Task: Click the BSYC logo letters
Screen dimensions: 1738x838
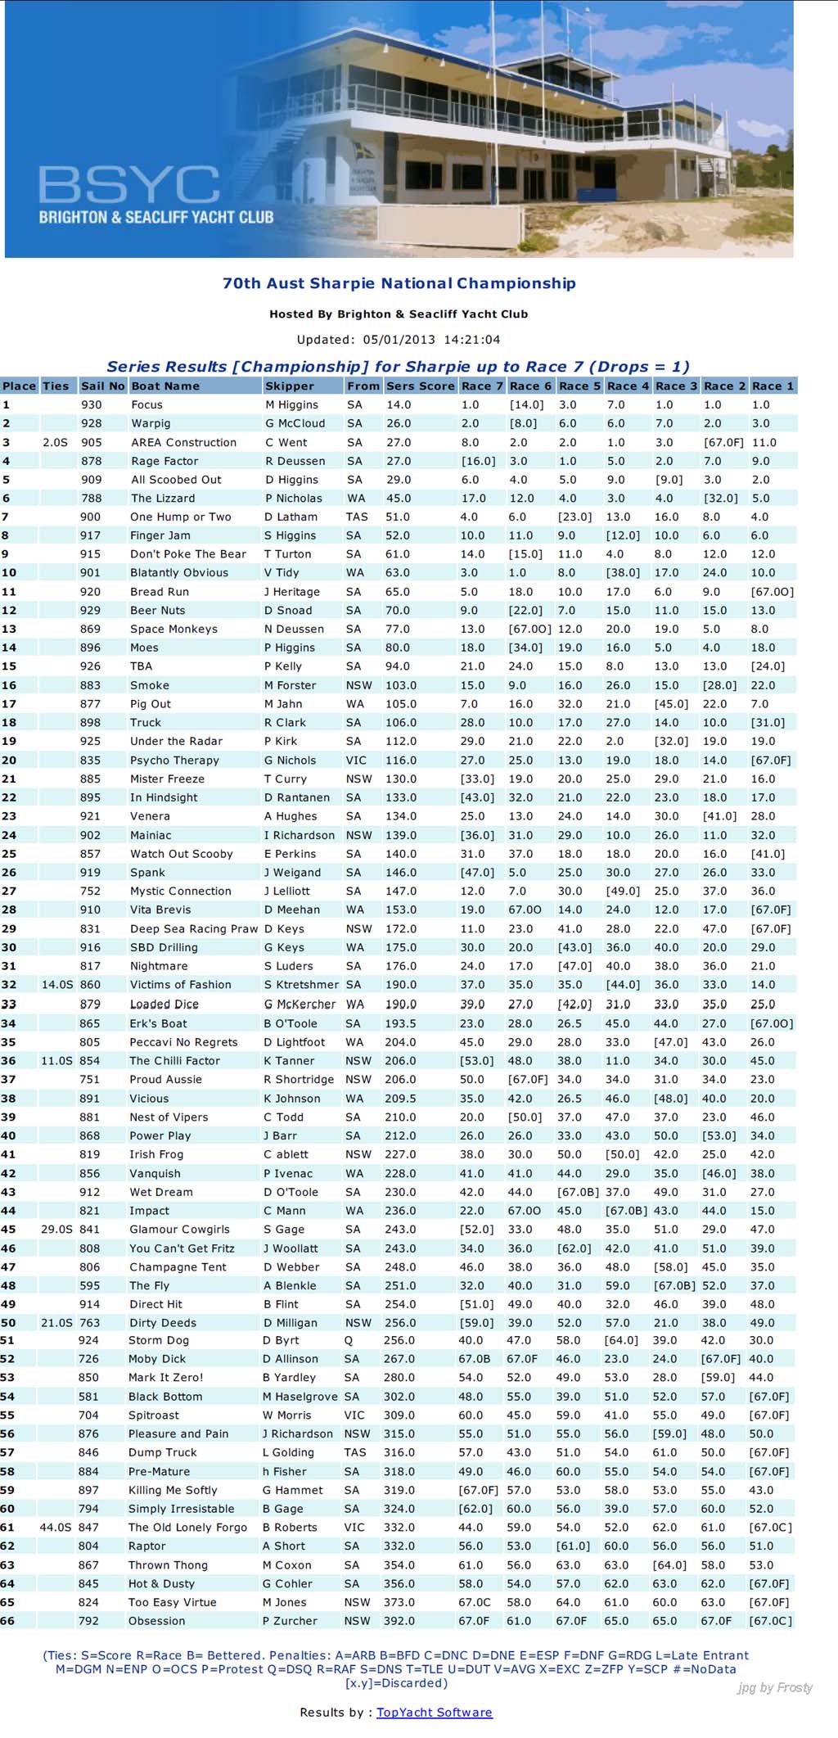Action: pyautogui.click(x=128, y=185)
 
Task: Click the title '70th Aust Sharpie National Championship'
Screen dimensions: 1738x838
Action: pyautogui.click(x=399, y=283)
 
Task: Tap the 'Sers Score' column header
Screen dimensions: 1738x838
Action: pyautogui.click(x=420, y=386)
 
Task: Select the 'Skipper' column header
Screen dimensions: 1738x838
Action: pyautogui.click(x=289, y=386)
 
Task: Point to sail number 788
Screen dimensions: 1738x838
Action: pyautogui.click(x=91, y=498)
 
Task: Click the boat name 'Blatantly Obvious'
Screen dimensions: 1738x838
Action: pyautogui.click(x=178, y=572)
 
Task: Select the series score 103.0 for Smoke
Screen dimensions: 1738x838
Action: pyautogui.click(x=401, y=685)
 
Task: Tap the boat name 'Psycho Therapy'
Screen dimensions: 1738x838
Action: pyautogui.click(x=174, y=760)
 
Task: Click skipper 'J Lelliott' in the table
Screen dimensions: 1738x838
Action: pyautogui.click(x=286, y=891)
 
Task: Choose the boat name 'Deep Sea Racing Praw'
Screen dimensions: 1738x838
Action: pyautogui.click(x=194, y=928)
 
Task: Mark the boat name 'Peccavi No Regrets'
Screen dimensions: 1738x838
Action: pyautogui.click(x=183, y=1042)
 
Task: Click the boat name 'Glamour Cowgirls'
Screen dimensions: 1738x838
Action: pyautogui.click(x=179, y=1229)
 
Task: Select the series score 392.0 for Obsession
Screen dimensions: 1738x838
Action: pyautogui.click(x=399, y=1620)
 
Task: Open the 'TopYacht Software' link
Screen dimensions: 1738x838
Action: pyautogui.click(x=434, y=1712)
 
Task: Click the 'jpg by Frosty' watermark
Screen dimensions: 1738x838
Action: pyautogui.click(x=775, y=1687)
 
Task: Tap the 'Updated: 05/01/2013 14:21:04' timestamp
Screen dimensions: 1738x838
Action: pyautogui.click(x=399, y=339)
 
